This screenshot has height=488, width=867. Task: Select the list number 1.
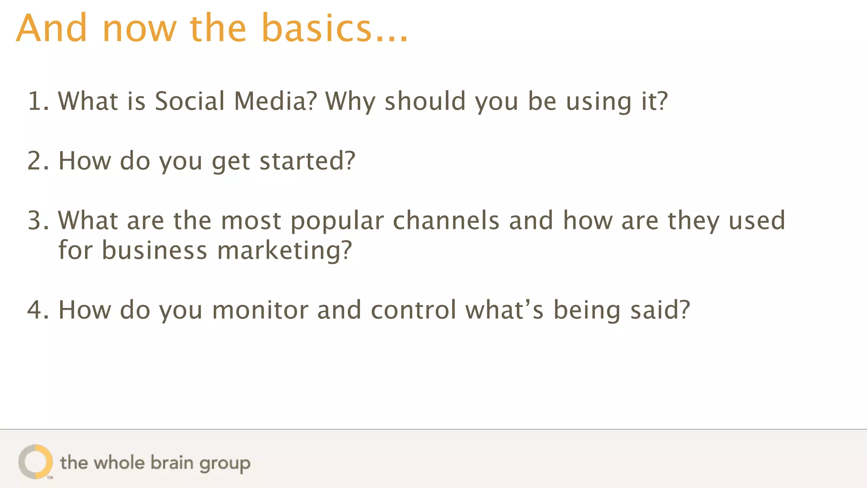coord(36,101)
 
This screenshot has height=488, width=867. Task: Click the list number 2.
coord(36,161)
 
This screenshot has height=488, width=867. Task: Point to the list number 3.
coord(36,221)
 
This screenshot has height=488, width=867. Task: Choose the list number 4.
coord(36,310)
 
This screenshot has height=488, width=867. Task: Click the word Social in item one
coord(190,101)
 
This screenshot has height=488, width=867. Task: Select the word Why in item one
coord(350,102)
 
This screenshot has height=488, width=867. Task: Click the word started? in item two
coord(307,161)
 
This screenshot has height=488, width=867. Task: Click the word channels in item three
coord(446,221)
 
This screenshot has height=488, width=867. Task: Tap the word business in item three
coord(155,250)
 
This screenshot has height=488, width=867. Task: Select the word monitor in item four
coord(260,310)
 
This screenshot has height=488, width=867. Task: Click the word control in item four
coord(414,310)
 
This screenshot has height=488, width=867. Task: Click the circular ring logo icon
coord(36,462)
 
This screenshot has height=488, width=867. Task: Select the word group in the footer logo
coord(225,464)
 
